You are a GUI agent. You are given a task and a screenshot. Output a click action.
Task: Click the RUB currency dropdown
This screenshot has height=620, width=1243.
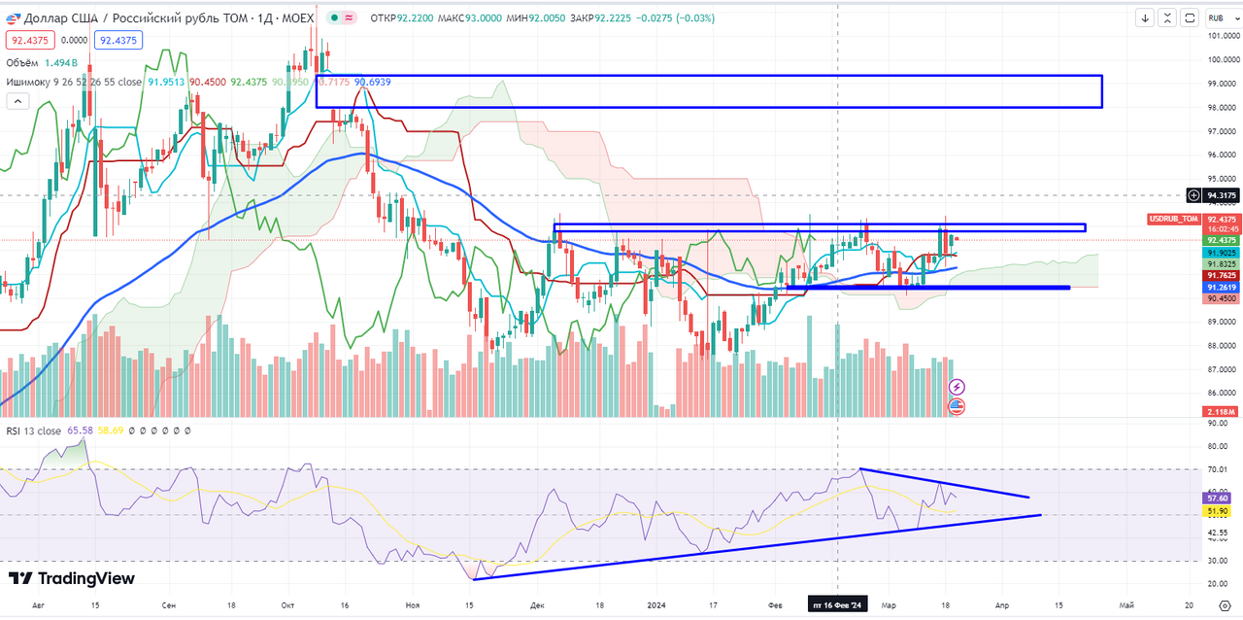[1217, 17]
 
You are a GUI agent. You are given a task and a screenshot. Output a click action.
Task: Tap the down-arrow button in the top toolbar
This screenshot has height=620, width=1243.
[1146, 17]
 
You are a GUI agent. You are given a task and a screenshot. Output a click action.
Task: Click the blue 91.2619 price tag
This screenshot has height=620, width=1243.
[1221, 288]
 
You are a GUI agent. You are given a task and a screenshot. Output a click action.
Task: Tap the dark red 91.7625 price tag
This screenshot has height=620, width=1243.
[1221, 276]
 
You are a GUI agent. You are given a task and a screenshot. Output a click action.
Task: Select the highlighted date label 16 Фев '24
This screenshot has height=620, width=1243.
[836, 604]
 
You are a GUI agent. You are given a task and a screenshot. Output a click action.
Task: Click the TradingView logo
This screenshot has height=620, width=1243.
[72, 579]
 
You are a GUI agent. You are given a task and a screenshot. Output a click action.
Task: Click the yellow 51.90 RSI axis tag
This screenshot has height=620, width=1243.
[1220, 511]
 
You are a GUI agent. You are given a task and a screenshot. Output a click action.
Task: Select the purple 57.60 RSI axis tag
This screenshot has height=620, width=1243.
[1220, 498]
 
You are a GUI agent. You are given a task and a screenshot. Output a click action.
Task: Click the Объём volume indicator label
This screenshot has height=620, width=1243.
[23, 62]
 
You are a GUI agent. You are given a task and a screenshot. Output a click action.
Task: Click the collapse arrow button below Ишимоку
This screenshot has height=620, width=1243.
[17, 101]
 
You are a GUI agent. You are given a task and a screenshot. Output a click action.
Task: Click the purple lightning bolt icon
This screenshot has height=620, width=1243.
[957, 387]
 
